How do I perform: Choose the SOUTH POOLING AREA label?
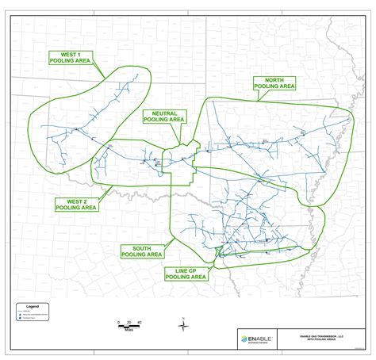click(x=142, y=251)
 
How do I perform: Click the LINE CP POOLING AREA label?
click(x=185, y=274)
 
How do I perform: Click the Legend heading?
click(x=32, y=305)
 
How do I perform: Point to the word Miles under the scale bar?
click(x=128, y=330)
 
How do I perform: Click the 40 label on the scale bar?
click(x=139, y=322)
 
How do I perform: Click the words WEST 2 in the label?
click(x=69, y=201)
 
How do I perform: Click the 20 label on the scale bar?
click(x=129, y=322)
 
